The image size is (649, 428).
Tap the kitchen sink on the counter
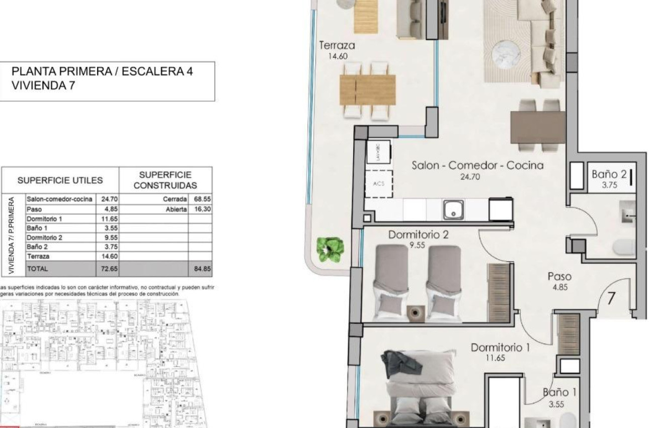click(x=453, y=210)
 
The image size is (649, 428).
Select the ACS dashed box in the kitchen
click(x=379, y=184)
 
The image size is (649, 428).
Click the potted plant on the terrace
click(x=330, y=249)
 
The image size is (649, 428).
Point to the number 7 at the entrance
click(x=611, y=299)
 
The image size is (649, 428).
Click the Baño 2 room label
click(x=609, y=175)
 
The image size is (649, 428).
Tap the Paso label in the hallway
click(x=559, y=276)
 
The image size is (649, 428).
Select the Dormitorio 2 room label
click(x=418, y=235)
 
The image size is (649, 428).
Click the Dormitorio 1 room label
click(x=501, y=347)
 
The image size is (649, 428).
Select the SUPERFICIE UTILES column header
click(x=60, y=180)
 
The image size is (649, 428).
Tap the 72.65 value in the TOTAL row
click(x=109, y=269)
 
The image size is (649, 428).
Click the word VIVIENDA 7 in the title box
click(x=43, y=86)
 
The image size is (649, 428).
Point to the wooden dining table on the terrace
click(x=368, y=90)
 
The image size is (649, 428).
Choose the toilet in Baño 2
click(x=625, y=247)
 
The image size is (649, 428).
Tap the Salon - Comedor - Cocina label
click(x=477, y=165)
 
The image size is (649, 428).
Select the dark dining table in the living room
click(x=535, y=127)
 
